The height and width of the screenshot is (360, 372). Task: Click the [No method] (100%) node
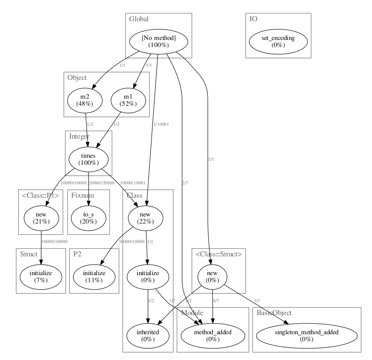click(158, 41)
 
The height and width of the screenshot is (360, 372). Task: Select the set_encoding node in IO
click(278, 41)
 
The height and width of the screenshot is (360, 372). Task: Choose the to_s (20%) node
click(88, 218)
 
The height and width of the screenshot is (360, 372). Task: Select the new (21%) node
click(41, 218)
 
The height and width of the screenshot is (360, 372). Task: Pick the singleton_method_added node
click(307, 335)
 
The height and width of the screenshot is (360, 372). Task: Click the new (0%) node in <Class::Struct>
click(213, 276)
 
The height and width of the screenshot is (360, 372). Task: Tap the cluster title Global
click(139, 19)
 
